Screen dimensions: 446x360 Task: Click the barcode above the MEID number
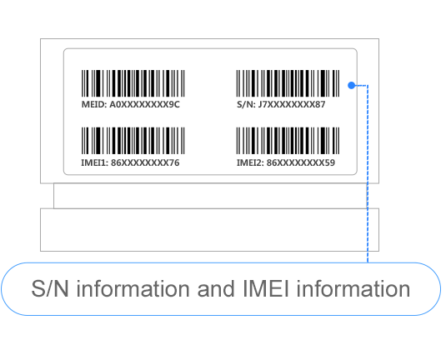pyautogui.click(x=133, y=83)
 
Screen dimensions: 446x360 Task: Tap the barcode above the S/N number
pyautogui.click(x=288, y=83)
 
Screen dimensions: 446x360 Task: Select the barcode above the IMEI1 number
pyautogui.click(x=133, y=141)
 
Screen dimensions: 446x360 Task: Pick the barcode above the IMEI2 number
pyautogui.click(x=288, y=141)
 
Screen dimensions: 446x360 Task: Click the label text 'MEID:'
pyautogui.click(x=94, y=105)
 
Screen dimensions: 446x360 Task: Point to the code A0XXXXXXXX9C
pyautogui.click(x=144, y=105)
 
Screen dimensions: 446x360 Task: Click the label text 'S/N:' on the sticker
pyautogui.click(x=246, y=105)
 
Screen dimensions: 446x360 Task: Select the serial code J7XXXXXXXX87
pyautogui.click(x=292, y=105)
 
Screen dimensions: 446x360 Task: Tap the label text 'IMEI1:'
pyautogui.click(x=95, y=162)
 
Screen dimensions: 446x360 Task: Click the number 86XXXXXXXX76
pyautogui.click(x=145, y=162)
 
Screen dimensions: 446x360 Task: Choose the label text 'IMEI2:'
pyautogui.click(x=250, y=162)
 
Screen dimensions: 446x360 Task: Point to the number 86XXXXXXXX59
pyautogui.click(x=301, y=162)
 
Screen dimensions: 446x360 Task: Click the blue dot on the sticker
pyautogui.click(x=352, y=85)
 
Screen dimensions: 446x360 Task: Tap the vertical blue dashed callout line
pyautogui.click(x=368, y=173)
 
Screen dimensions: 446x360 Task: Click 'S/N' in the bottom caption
pyautogui.click(x=50, y=288)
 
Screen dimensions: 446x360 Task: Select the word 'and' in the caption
pyautogui.click(x=217, y=288)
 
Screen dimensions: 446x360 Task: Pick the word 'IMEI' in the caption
pyautogui.click(x=266, y=288)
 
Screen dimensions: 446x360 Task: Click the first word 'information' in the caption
pyautogui.click(x=133, y=288)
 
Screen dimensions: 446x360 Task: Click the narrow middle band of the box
pyautogui.click(x=210, y=196)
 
